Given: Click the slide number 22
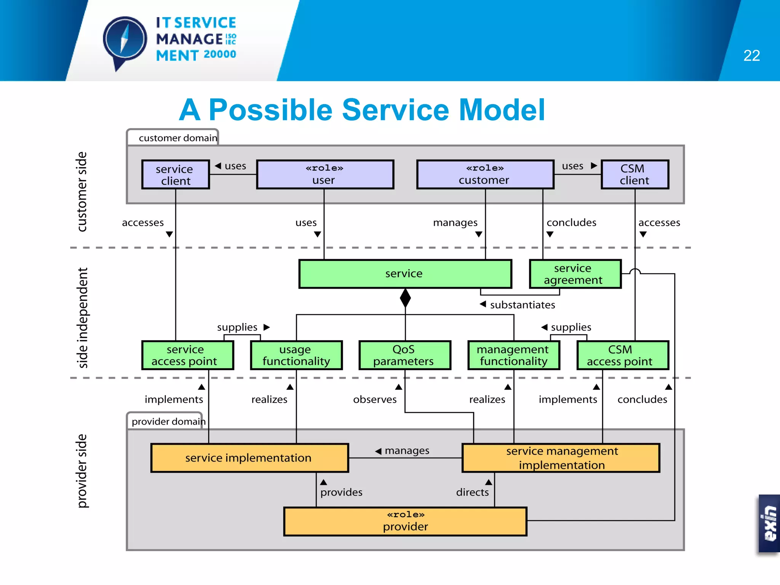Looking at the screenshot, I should (751, 56).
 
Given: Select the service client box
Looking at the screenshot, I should (176, 174).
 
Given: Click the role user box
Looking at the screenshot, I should (325, 174).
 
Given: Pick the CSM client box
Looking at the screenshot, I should (635, 174).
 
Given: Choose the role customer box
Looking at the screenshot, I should (485, 174).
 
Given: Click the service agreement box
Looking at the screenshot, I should (575, 274).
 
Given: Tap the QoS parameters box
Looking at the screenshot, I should (404, 355).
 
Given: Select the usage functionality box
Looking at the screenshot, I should (296, 355).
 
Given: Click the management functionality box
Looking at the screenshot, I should (513, 355).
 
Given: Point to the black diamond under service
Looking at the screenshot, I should (405, 298).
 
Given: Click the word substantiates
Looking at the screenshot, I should (522, 305).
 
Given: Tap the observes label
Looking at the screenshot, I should (375, 399).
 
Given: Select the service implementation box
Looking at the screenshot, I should (249, 458).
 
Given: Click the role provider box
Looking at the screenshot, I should (405, 521).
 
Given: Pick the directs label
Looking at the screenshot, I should (472, 492).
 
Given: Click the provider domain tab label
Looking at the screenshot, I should (168, 421).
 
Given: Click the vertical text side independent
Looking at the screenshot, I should (82, 318).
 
